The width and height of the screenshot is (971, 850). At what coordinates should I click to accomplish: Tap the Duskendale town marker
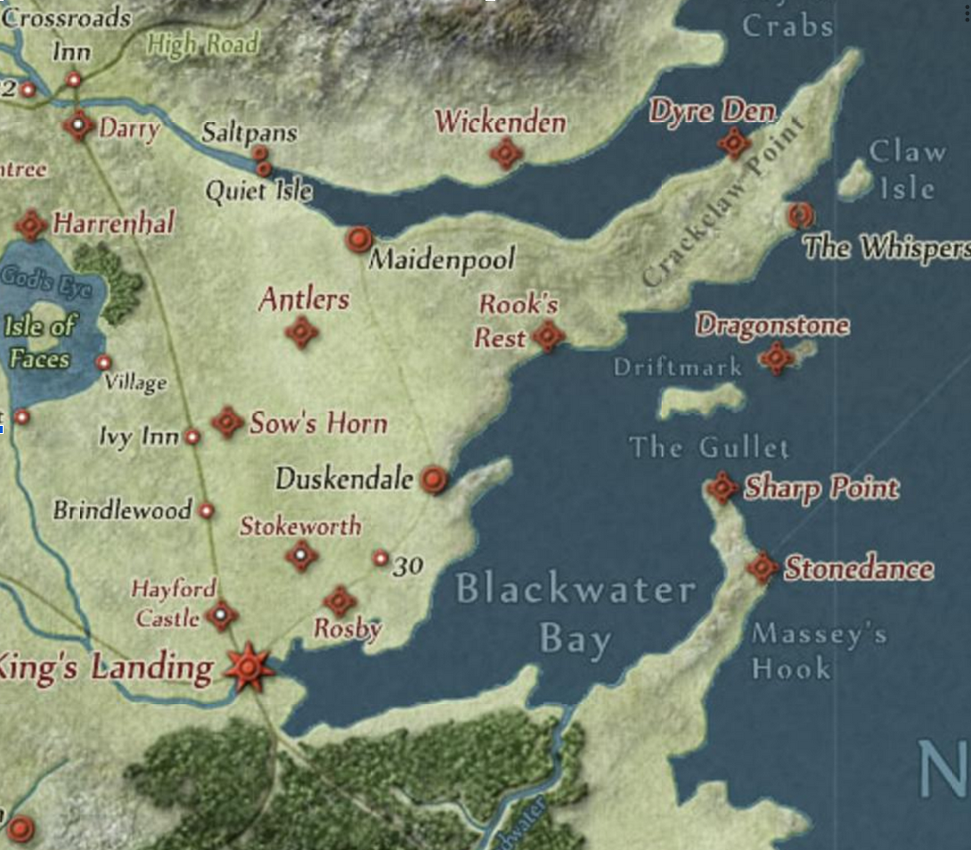tap(434, 479)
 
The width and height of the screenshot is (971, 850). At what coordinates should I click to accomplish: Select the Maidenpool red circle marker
tap(359, 239)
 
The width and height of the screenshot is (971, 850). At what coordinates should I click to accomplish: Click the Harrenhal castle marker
tap(31, 225)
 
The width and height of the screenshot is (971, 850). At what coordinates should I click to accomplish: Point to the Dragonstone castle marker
tap(776, 358)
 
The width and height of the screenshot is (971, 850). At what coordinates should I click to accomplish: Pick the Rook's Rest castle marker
tap(548, 336)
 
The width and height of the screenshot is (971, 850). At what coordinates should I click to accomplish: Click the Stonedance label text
tap(858, 568)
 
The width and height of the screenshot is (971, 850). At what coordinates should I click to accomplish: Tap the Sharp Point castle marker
tap(722, 487)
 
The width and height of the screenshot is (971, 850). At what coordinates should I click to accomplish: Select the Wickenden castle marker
tap(506, 153)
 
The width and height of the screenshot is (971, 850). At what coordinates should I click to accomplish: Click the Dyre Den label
tap(712, 112)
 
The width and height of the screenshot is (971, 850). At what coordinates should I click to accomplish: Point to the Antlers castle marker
tap(301, 333)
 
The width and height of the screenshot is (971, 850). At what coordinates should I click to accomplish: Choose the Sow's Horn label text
tap(318, 422)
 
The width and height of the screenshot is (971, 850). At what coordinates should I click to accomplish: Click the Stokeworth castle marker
tap(301, 556)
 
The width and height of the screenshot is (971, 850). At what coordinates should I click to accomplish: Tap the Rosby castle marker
tap(339, 601)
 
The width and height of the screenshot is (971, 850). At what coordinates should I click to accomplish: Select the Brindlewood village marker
tap(207, 511)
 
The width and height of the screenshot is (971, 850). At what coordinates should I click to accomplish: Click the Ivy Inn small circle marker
tap(192, 437)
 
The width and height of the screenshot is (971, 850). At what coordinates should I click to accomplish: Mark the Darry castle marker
tap(79, 125)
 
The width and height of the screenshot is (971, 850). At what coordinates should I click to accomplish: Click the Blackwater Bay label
tap(575, 614)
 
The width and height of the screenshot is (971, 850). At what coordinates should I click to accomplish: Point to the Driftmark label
tap(678, 366)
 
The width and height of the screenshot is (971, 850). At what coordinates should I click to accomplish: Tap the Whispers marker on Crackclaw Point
tap(800, 215)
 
